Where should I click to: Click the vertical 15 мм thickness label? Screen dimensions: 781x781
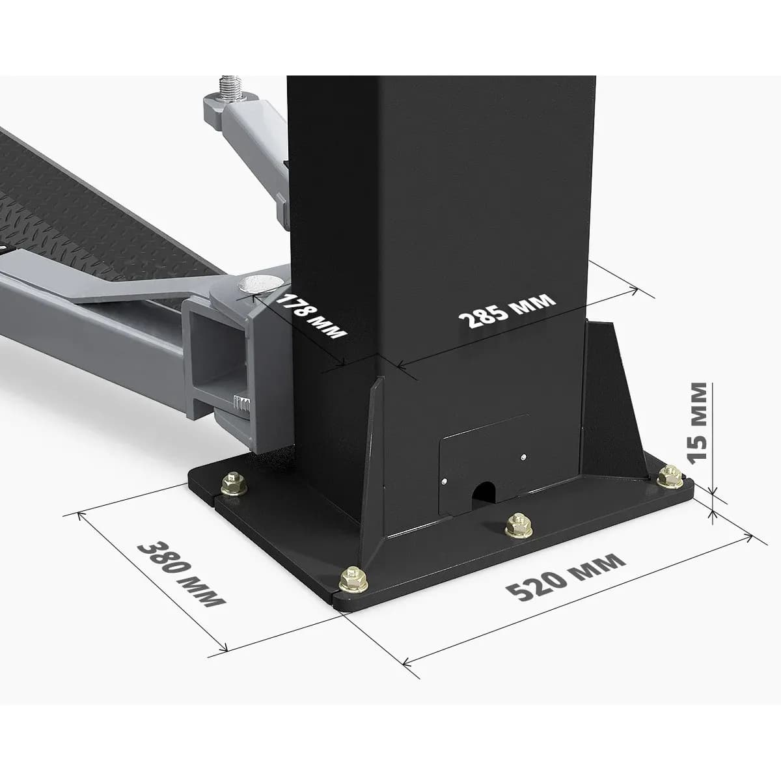[x=698, y=422]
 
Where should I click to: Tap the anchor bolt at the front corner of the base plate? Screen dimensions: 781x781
[x=353, y=580]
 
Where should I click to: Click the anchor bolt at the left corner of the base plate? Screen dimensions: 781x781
[x=234, y=483]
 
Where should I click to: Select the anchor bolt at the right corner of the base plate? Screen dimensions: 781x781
[x=670, y=476]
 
